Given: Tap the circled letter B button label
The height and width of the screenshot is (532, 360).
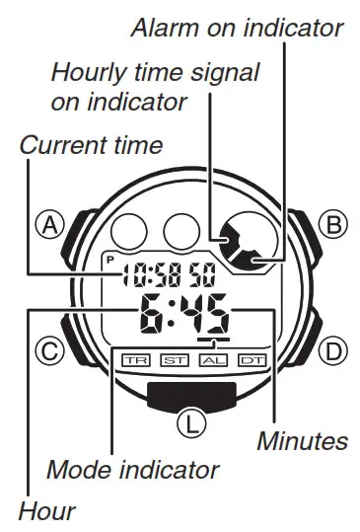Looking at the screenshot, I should (x=336, y=225).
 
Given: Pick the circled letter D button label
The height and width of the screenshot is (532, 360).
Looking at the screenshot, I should (x=336, y=350).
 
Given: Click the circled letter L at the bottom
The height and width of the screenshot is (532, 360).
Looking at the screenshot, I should (x=187, y=424).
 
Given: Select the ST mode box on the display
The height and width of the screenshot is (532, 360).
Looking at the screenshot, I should (x=175, y=359).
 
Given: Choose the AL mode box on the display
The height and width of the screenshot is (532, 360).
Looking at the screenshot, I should (x=213, y=359).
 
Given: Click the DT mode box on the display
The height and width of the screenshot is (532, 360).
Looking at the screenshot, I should (x=252, y=359).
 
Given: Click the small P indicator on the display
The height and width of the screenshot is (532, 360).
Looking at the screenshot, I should (x=109, y=259).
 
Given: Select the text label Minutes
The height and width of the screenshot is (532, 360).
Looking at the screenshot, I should (x=302, y=441).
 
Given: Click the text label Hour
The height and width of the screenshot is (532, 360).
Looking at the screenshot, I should (x=45, y=511).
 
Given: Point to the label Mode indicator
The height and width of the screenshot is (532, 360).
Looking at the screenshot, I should (x=134, y=468).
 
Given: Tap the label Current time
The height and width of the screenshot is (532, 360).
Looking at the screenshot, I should (x=91, y=146).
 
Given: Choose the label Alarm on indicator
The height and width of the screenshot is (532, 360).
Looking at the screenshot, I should (x=238, y=27).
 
